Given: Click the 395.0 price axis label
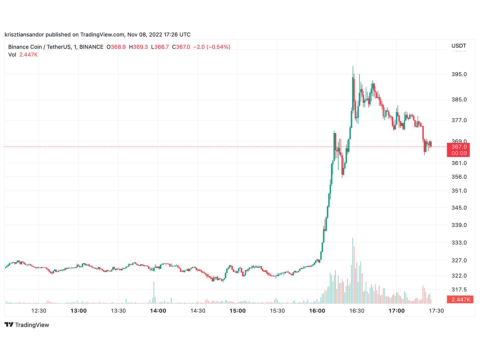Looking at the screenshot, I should click(459, 74).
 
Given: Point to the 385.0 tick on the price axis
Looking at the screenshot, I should click(459, 99).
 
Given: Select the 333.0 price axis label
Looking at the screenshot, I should click(459, 242).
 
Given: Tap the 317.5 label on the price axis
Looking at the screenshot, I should click(459, 289).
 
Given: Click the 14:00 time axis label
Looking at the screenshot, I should click(158, 311).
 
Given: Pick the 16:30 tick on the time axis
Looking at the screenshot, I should click(357, 311).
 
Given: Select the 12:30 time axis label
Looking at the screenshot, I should click(39, 311).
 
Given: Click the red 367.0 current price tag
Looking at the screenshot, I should click(459, 147).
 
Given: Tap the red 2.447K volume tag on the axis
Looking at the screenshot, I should click(461, 299).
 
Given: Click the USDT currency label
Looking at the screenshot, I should click(459, 46).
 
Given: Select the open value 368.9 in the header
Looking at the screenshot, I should click(118, 47).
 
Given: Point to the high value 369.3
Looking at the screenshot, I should click(140, 47).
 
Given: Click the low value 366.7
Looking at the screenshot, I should click(161, 47).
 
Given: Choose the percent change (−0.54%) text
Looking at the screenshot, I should click(218, 47).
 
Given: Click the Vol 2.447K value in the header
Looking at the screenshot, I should click(28, 55).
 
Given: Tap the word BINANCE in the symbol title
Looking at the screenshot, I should click(91, 47).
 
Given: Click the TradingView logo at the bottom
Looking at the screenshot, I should click(27, 325).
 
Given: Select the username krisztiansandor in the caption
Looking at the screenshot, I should click(24, 34).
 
